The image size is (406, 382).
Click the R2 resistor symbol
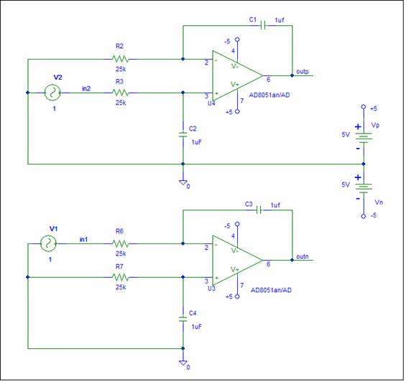(120, 60)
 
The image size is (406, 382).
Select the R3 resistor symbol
(120, 93)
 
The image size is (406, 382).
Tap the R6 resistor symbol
(120, 243)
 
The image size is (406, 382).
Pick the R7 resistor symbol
(120, 277)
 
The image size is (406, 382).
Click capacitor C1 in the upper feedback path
(263, 25)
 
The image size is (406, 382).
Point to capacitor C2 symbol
(183, 134)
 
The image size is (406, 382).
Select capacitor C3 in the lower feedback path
(259, 210)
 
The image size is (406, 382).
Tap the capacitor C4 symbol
(183, 319)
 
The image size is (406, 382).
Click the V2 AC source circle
(52, 93)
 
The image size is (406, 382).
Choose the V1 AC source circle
(48, 243)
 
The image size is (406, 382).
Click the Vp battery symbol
(364, 138)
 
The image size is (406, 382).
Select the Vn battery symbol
(364, 188)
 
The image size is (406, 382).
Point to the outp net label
(303, 72)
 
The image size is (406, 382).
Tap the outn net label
(303, 256)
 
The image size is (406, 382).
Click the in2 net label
(86, 88)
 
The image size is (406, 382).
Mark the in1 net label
(83, 239)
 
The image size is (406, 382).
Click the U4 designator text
(211, 103)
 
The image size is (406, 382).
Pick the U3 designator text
(211, 288)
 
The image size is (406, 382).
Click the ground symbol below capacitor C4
(183, 363)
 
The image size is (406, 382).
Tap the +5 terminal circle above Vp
(364, 106)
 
